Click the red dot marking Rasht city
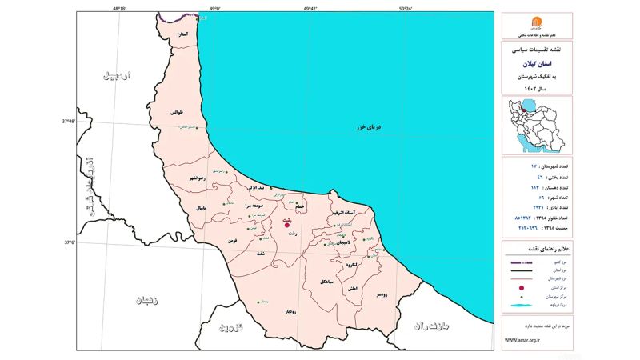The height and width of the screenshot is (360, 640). point(287,225)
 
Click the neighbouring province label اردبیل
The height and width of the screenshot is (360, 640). point(120,77)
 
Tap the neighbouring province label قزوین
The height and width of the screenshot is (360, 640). point(230,328)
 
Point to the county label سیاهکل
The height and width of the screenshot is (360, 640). point(326,282)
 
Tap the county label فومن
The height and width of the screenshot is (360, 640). point(232,240)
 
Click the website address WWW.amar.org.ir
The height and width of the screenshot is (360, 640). point(522,339)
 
